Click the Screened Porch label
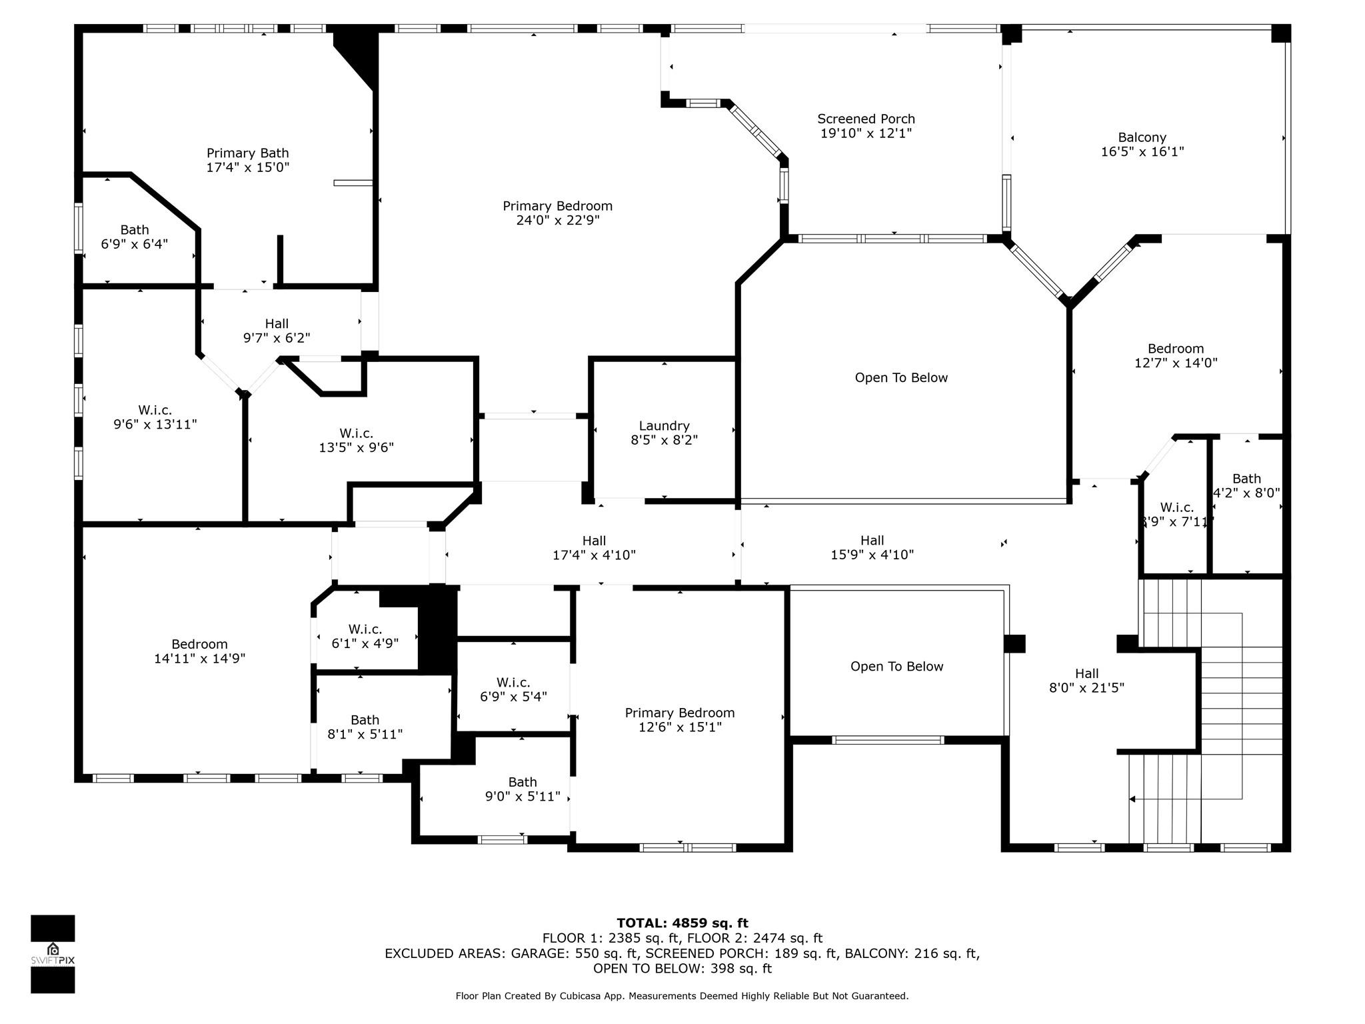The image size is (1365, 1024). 866,119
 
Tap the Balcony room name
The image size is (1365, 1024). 1142,138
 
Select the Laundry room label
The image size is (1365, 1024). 664,426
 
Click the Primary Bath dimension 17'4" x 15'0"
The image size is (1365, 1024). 247,167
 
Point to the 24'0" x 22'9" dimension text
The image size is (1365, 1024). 557,221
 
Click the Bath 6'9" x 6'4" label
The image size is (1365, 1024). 134,237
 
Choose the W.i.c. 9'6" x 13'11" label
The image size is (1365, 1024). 155,417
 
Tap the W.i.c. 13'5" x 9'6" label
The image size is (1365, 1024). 356,441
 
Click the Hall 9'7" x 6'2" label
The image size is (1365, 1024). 277,331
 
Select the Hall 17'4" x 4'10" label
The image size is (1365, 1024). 594,547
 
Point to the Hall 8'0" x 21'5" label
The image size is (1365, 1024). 1086,681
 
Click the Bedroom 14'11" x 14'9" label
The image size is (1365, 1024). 199,651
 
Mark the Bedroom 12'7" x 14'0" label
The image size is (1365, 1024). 1176,356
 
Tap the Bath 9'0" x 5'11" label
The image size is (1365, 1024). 522,789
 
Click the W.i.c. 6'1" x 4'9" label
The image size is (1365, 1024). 365,636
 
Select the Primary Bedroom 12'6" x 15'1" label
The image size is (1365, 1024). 679,720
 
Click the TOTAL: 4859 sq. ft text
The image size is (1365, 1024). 682,923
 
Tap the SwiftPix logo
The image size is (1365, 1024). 53,953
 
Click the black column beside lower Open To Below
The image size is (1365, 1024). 1014,643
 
